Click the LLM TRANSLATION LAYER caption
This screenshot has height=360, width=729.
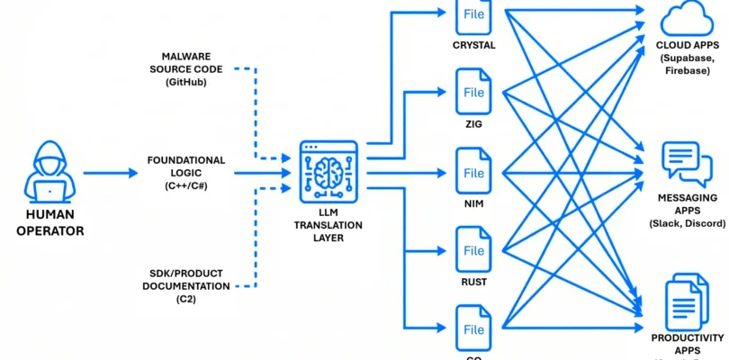pos(328,225)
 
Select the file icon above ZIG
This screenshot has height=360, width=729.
pos(474,92)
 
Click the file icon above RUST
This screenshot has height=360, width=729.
pos(474,247)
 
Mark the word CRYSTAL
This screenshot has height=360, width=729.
pos(474,44)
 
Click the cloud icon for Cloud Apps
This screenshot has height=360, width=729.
pos(687,19)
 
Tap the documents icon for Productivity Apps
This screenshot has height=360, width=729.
pos(687,301)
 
